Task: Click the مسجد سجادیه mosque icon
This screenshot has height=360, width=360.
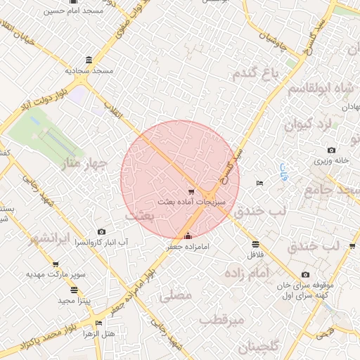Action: coord(88,60)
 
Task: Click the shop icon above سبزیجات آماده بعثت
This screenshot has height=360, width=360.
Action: coord(191,191)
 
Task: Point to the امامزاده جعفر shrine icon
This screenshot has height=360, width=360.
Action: coord(187,236)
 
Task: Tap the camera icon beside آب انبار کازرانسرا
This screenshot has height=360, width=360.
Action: coord(102,232)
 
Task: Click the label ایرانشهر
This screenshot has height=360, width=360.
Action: coord(50,238)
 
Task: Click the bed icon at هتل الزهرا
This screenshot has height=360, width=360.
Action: coord(98,323)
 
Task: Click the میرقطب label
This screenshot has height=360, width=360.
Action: coord(222,320)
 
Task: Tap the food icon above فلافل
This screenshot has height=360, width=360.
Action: coord(255,245)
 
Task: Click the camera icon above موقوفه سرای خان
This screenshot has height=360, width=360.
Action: coord(305,275)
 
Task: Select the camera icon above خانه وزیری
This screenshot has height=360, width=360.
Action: coord(331,150)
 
